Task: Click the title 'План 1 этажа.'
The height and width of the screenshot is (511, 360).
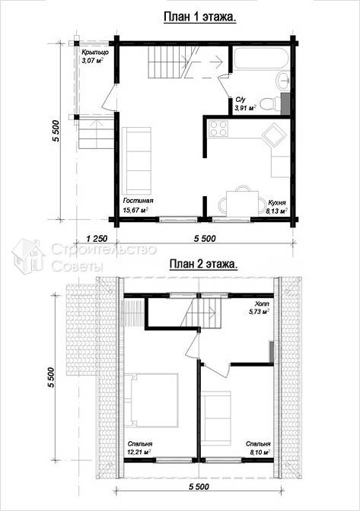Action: (200, 17)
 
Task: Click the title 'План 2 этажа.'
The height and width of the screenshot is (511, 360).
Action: (203, 264)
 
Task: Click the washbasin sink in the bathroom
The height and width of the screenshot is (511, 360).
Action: (283, 81)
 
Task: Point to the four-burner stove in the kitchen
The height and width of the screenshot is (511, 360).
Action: (218, 128)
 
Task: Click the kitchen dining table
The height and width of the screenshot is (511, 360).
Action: (242, 203)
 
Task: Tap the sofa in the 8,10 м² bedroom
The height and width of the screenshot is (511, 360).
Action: (216, 418)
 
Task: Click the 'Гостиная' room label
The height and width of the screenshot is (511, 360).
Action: (138, 201)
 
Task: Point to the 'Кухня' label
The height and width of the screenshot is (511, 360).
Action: (277, 203)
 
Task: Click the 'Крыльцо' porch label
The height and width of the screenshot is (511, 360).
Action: (95, 52)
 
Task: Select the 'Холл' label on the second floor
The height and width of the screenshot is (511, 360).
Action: (263, 303)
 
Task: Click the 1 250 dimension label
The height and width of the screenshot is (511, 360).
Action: (97, 239)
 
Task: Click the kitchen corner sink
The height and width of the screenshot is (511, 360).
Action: (272, 135)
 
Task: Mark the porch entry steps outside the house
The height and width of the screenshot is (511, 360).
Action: (96, 135)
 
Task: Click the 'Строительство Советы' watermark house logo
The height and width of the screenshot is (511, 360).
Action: (27, 255)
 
